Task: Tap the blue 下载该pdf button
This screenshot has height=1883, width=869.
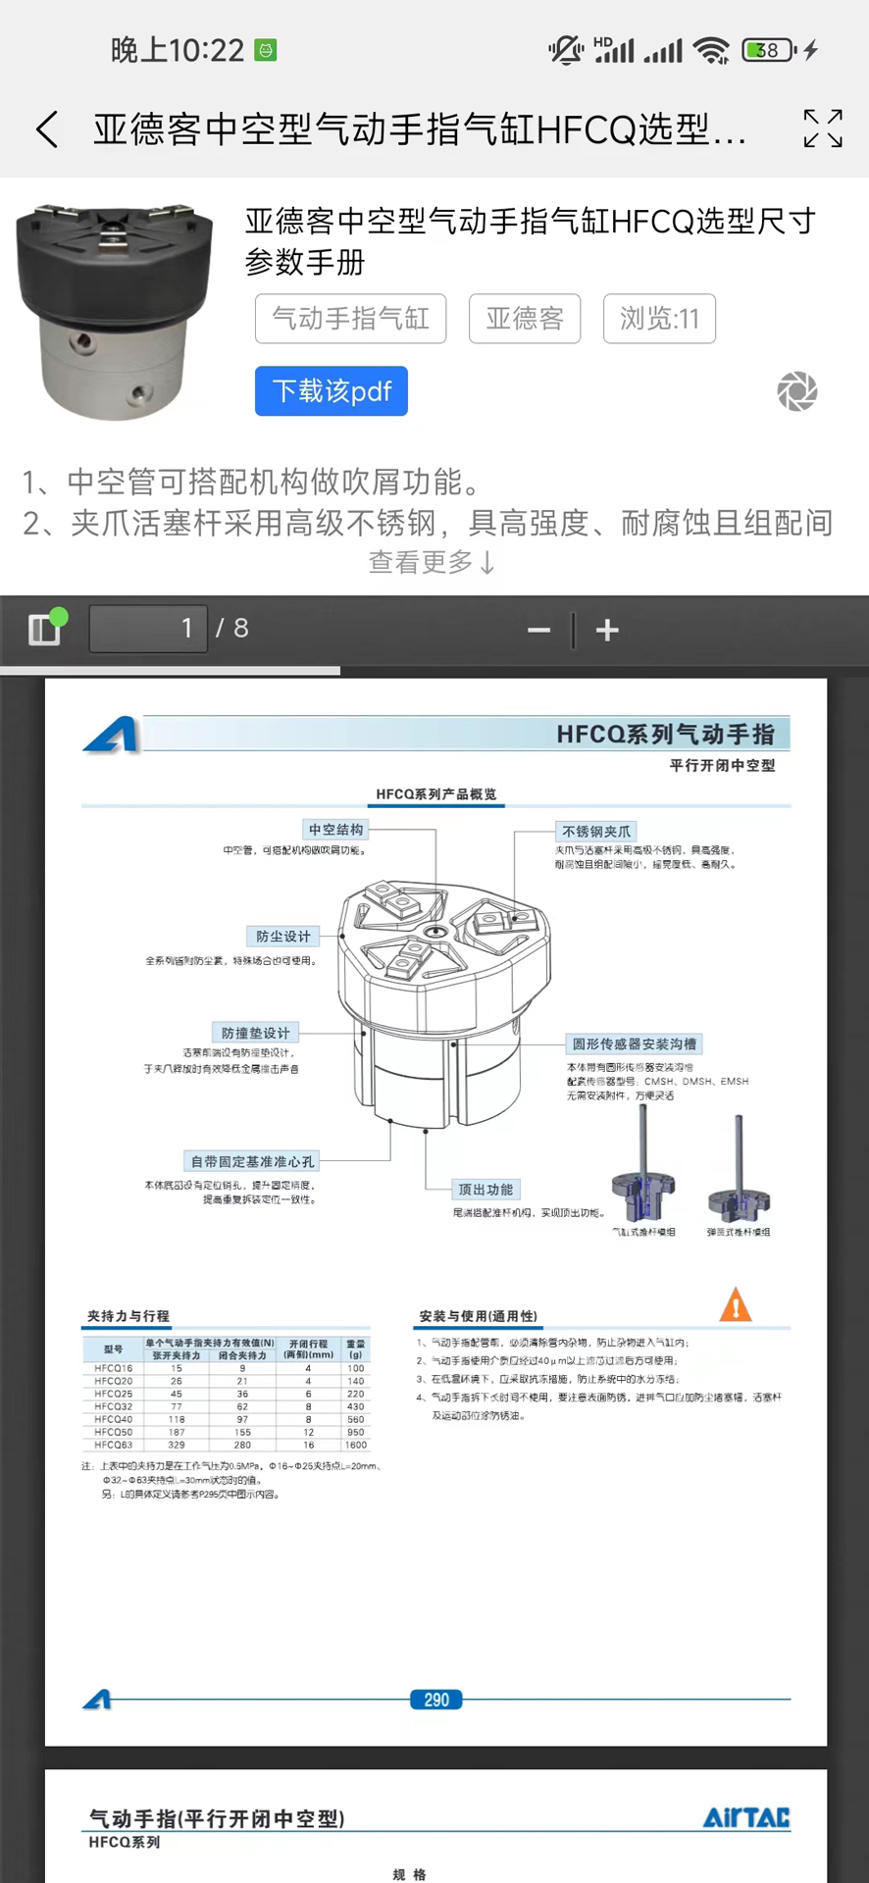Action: click(x=332, y=391)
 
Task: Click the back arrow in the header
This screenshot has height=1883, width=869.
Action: click(x=47, y=129)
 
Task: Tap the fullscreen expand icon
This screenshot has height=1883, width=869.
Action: click(x=822, y=128)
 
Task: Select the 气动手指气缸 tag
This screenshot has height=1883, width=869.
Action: click(x=350, y=319)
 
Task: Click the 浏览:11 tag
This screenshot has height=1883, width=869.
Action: click(x=659, y=319)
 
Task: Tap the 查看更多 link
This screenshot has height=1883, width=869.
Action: click(x=432, y=562)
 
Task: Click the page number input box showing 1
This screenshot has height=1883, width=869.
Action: click(x=148, y=629)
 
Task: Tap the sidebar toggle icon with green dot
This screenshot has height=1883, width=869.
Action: click(x=45, y=628)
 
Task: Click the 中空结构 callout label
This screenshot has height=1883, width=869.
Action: click(x=335, y=830)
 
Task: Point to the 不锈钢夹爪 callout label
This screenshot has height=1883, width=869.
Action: click(x=596, y=832)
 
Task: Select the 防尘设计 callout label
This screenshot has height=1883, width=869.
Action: click(x=282, y=937)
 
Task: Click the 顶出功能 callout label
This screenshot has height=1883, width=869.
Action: click(x=486, y=1190)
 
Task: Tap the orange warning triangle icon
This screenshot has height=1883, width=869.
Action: click(x=736, y=1305)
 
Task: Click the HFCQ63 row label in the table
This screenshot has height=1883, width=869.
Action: click(x=113, y=1445)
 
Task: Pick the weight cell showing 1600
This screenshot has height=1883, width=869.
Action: click(x=355, y=1445)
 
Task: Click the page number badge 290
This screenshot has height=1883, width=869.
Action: click(x=435, y=1700)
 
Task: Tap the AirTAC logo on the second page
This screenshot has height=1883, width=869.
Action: click(x=745, y=1817)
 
